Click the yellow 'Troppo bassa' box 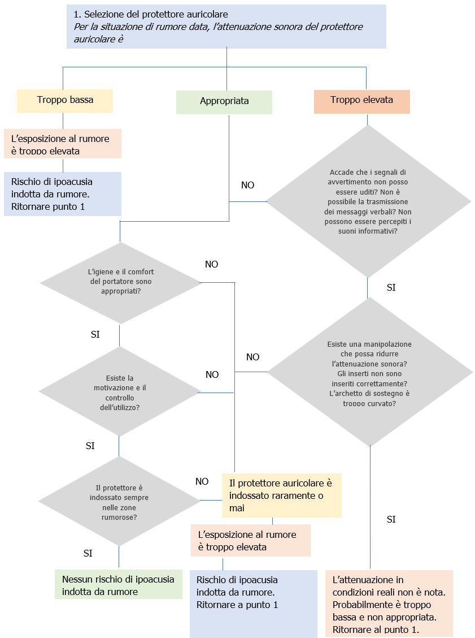click(65, 100)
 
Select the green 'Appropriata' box click(224, 101)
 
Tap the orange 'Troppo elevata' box click(361, 100)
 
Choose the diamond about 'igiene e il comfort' click(120, 282)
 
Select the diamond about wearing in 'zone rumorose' click(119, 502)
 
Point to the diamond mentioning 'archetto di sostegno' click(369, 374)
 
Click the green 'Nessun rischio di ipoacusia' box click(119, 585)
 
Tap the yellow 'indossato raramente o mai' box click(281, 495)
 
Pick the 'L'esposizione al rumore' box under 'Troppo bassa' click(63, 144)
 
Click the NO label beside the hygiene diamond click(211, 264)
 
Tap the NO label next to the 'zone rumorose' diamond click(202, 481)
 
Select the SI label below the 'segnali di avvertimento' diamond click(391, 287)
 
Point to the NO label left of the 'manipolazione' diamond click(252, 357)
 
